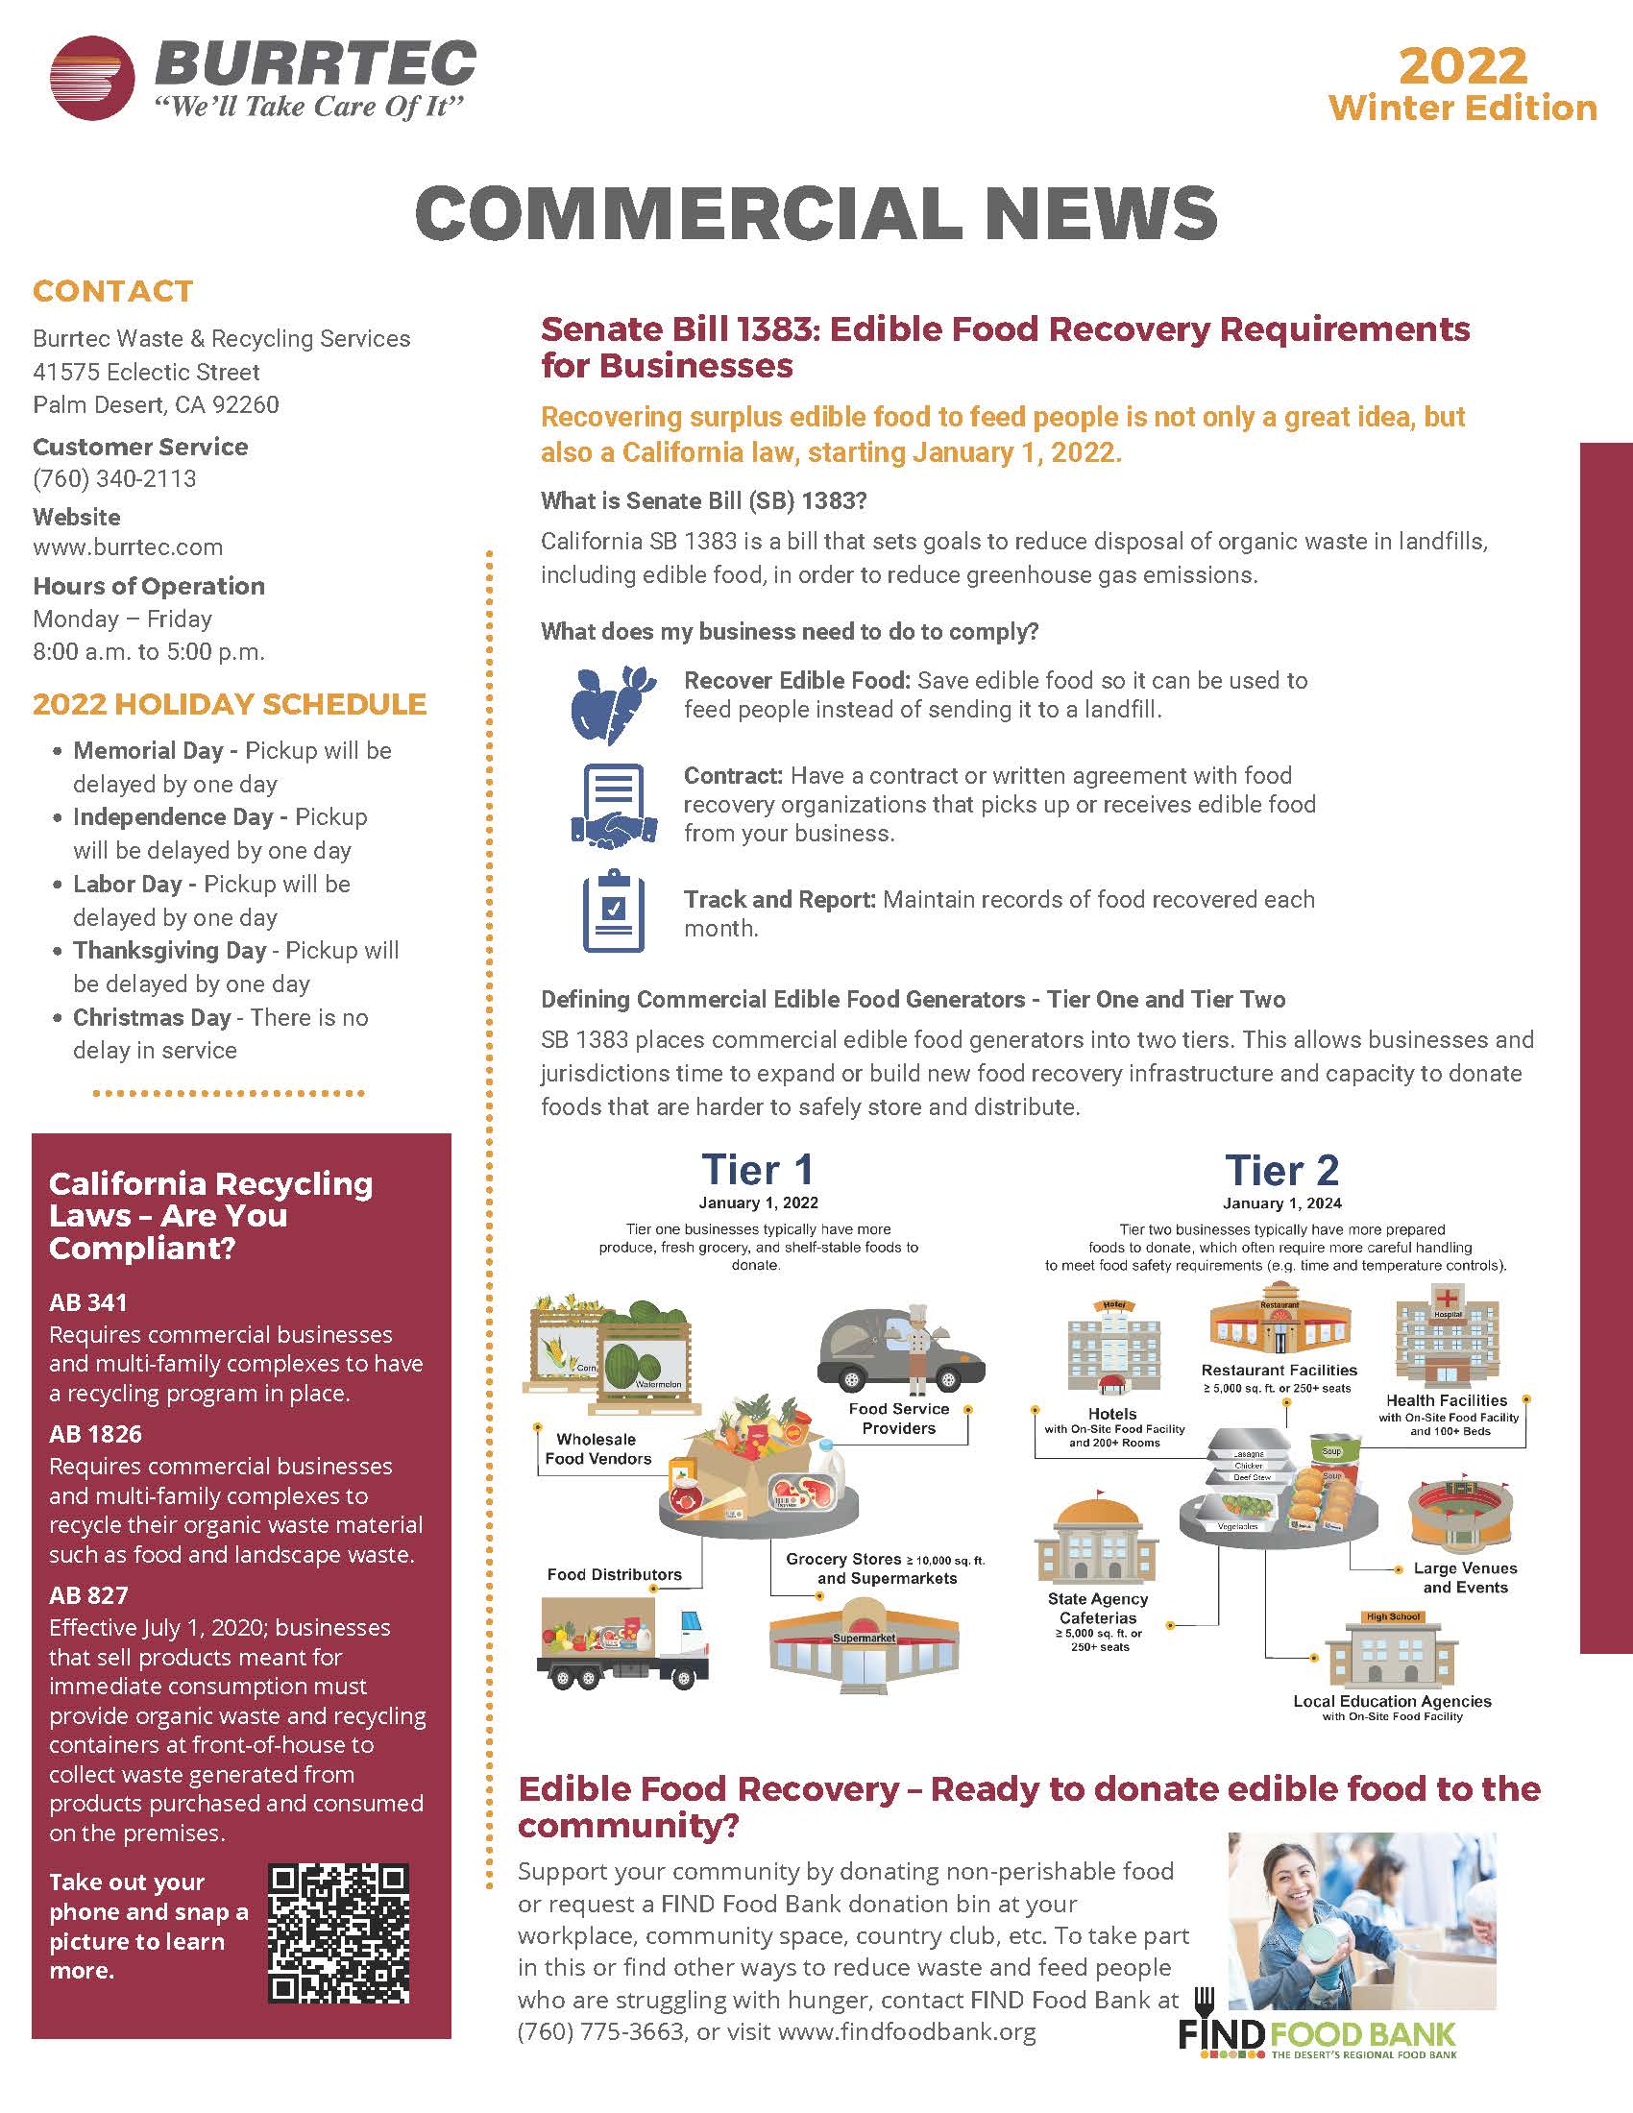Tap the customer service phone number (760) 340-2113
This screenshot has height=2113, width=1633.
pos(114,479)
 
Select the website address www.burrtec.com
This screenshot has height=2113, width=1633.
pos(128,546)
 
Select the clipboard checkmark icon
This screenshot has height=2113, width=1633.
pos(614,911)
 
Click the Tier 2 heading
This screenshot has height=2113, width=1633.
pos(1281,1170)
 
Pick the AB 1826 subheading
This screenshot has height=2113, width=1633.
pos(96,1434)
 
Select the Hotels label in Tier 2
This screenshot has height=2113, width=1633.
pos(1111,1414)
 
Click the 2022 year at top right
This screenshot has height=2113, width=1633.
pos(1463,65)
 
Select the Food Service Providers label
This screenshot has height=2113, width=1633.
pos(899,1419)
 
